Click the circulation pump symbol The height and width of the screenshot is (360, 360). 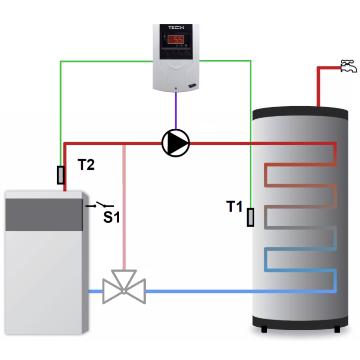pos(175,143)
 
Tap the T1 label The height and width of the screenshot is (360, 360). pos(234,207)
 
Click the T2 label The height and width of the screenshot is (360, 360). pos(86,165)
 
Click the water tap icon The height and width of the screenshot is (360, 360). pos(348,67)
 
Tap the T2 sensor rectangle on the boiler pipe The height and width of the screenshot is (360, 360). pos(60,175)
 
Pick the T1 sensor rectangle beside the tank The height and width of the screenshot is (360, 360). pos(251,217)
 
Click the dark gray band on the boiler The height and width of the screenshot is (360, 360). pos(44,215)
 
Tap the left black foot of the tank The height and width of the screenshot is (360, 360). pos(264,329)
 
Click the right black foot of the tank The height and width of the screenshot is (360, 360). pos(337,329)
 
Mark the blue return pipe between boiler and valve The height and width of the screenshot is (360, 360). pos(95,292)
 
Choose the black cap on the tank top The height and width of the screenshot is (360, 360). pos(300,111)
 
